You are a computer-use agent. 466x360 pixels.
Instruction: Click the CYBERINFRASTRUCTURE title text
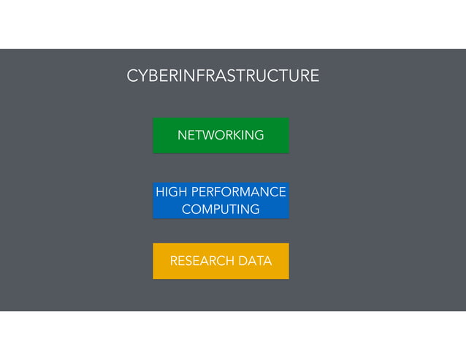point(223,76)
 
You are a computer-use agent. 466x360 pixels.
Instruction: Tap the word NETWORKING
point(221,135)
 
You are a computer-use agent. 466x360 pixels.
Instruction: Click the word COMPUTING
point(221,210)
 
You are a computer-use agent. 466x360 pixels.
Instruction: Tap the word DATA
point(255,261)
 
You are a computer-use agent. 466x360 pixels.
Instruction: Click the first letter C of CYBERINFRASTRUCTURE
point(132,76)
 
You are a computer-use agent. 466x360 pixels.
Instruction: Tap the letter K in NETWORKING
point(233,135)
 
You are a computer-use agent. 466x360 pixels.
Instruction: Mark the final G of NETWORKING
point(259,135)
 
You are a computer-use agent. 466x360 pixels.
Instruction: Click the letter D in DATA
point(243,261)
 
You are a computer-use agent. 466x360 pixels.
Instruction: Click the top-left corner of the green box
point(153,118)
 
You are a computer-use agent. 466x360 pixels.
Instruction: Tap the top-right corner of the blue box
point(289,182)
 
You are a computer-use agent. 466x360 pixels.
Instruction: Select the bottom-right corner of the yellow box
point(289,279)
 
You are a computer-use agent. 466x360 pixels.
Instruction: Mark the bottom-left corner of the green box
point(153,153)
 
